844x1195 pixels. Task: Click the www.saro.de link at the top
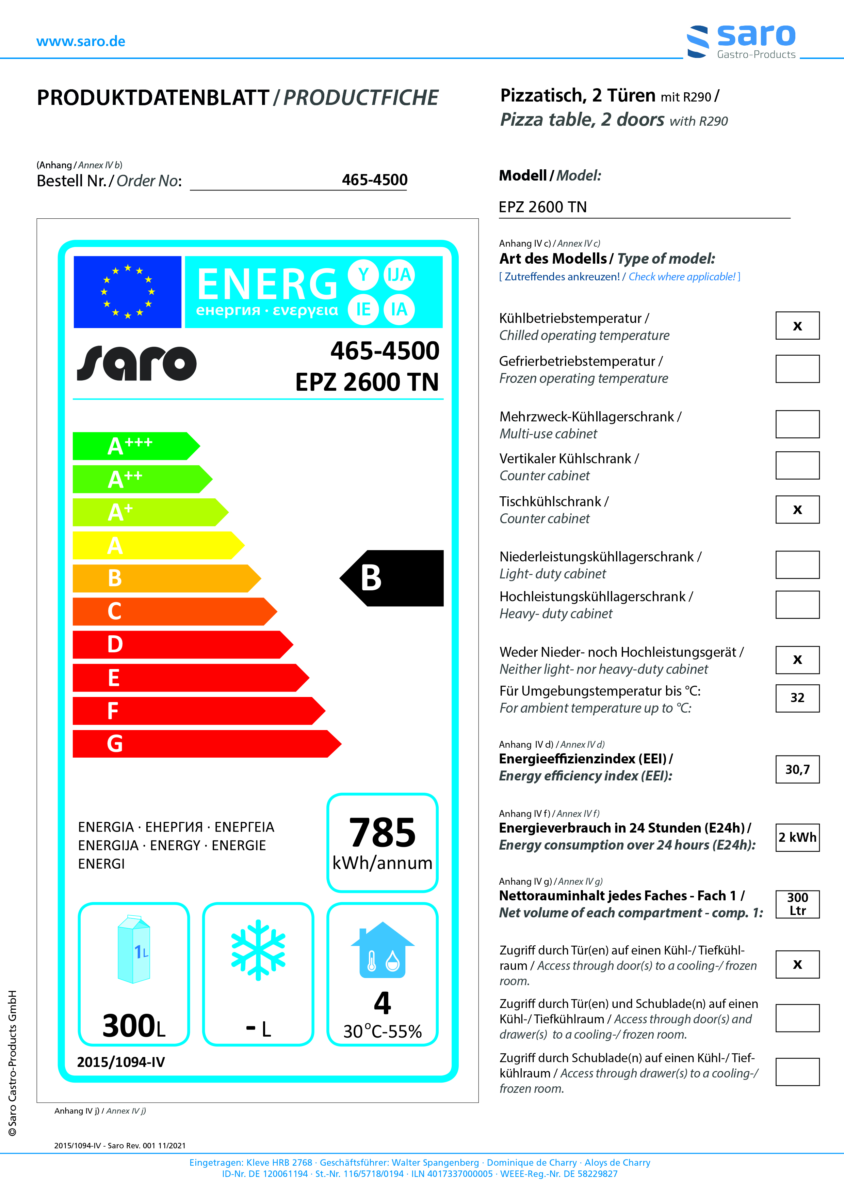tap(81, 42)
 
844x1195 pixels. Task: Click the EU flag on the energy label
tap(127, 292)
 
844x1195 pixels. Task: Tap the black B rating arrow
tap(393, 578)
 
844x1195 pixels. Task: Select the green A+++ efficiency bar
tap(133, 446)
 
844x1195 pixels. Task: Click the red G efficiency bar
tap(203, 744)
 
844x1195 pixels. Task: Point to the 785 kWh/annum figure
tap(382, 842)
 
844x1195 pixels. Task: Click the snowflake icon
tap(258, 950)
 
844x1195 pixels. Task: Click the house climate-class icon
tap(382, 950)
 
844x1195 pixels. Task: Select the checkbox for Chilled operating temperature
tap(797, 326)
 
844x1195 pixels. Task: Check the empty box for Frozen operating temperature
tap(797, 369)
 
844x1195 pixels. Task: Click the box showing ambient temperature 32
tap(797, 698)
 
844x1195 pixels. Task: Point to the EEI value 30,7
tap(797, 769)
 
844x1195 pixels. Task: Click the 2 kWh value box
tap(797, 837)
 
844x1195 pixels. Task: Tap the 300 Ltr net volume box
tap(797, 904)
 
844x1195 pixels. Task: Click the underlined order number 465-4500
tap(374, 180)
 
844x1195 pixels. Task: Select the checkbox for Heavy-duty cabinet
tap(797, 605)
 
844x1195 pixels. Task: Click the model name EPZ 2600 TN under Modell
tap(542, 207)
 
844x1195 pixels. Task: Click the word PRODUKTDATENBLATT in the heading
tap(153, 98)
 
